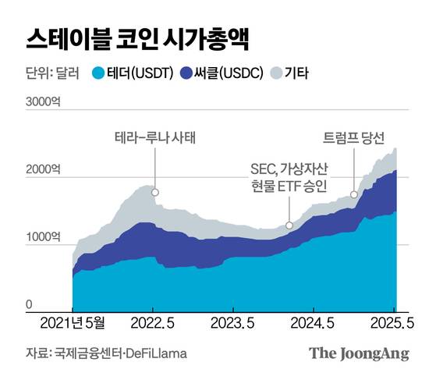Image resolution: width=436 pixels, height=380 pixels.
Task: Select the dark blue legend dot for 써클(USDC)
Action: click(x=186, y=74)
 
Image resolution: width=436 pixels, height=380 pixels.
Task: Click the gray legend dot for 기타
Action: click(x=276, y=74)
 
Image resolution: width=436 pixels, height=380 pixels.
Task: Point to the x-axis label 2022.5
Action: click(x=152, y=322)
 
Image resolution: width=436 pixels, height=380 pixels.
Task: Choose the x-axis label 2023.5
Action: click(x=234, y=322)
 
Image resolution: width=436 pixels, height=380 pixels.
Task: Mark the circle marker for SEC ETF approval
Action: click(x=289, y=226)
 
